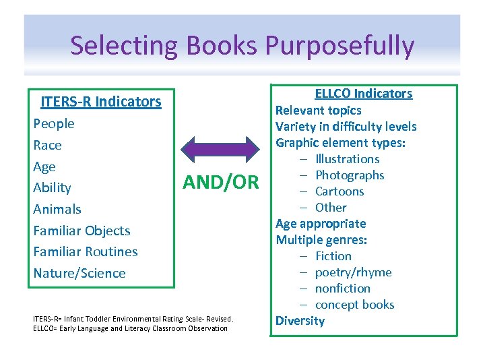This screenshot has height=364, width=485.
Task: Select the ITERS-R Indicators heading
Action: click(x=101, y=102)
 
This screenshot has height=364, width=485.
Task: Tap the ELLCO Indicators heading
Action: click(x=364, y=94)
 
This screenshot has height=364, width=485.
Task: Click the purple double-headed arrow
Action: click(x=222, y=148)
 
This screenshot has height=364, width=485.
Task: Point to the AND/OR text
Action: click(x=221, y=182)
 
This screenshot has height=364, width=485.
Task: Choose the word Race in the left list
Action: click(x=47, y=145)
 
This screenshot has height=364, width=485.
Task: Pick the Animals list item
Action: click(x=57, y=209)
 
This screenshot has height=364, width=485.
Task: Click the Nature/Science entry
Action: click(x=79, y=273)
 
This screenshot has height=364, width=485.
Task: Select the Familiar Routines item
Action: click(x=86, y=251)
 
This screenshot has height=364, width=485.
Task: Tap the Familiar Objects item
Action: click(x=82, y=231)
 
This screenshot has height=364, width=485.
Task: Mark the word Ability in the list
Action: click(x=52, y=187)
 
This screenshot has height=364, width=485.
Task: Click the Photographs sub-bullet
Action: click(x=350, y=175)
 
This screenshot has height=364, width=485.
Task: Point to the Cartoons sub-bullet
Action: click(x=339, y=191)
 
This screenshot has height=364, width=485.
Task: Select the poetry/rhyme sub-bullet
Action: click(x=353, y=272)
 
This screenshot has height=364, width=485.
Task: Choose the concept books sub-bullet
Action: click(x=354, y=305)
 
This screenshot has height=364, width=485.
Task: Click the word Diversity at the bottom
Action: click(x=300, y=321)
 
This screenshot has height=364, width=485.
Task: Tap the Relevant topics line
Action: click(x=319, y=111)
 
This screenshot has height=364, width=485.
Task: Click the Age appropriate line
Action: click(x=321, y=224)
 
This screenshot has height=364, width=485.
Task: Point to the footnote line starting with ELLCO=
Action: click(x=130, y=328)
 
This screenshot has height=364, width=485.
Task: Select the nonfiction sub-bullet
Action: click(x=343, y=289)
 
